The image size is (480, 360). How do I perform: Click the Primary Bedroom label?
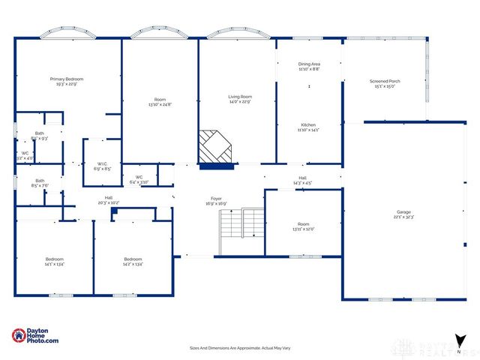tap(67, 82)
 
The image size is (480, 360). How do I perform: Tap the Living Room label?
tap(240, 100)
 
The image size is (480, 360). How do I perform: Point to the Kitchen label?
tap(310, 127)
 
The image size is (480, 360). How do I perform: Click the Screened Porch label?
tap(384, 84)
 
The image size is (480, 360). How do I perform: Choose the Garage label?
tap(403, 215)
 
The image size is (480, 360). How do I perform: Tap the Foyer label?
tap(216, 202)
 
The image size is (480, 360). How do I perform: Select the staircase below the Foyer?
tap(241, 230)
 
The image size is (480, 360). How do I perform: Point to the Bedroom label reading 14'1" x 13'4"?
tap(55, 262)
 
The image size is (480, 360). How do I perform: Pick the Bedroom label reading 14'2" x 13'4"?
tap(133, 262)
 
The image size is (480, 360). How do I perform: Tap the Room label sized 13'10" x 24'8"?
tap(160, 102)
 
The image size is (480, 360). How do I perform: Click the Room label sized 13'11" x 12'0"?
tap(303, 226)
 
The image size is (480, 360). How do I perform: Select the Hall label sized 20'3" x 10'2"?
tap(109, 200)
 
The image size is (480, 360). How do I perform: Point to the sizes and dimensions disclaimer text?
tap(239, 348)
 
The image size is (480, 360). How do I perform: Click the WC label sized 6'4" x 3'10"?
tap(139, 179)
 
